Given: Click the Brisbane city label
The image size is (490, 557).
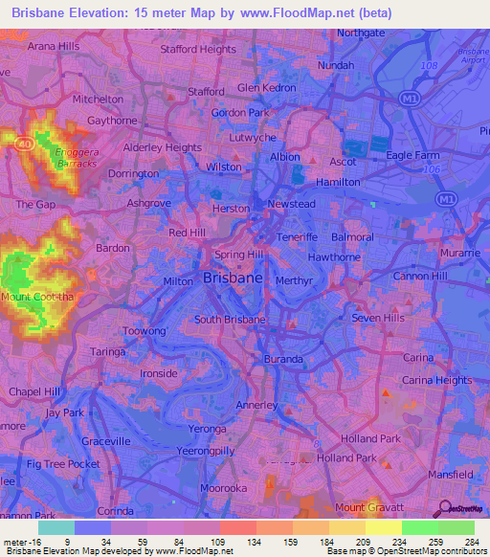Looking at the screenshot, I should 234,278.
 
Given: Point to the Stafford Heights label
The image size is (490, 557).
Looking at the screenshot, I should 199,49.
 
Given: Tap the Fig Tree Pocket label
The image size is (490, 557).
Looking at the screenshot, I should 63,463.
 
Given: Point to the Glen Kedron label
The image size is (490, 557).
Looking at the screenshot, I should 266,88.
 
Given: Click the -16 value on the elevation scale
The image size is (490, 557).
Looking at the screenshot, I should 26,542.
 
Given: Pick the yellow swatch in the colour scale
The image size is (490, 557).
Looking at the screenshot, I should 383,527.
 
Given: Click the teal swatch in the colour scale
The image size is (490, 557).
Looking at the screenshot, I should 56,527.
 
